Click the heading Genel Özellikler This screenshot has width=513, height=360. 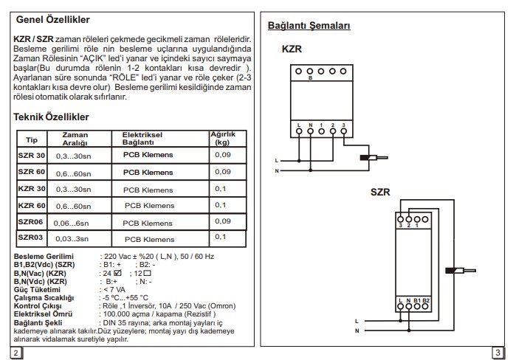click(52, 20)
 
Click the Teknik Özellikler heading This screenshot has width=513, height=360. click(51, 117)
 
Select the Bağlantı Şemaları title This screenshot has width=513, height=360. click(309, 26)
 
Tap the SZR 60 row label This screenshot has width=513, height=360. click(32, 172)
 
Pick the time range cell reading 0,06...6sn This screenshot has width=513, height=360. click(71, 224)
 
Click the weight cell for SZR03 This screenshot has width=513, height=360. click(220, 237)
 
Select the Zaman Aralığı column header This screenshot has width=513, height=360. click(75, 139)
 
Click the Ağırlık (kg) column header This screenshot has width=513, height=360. click(223, 138)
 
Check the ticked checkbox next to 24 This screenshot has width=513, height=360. click(118, 273)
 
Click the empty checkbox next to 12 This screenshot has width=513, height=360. click(147, 274)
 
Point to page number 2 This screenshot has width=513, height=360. click(16, 353)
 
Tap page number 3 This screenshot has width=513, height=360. click(497, 353)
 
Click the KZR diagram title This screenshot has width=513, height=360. click(292, 49)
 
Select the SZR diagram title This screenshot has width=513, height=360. click(380, 192)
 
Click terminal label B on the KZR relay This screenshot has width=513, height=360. click(310, 78)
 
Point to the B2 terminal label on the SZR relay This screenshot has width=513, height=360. click(426, 300)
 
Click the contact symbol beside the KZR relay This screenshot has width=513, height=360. click(373, 158)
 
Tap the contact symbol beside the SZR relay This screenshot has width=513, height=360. click(461, 271)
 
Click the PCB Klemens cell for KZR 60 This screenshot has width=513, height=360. click(150, 206)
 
